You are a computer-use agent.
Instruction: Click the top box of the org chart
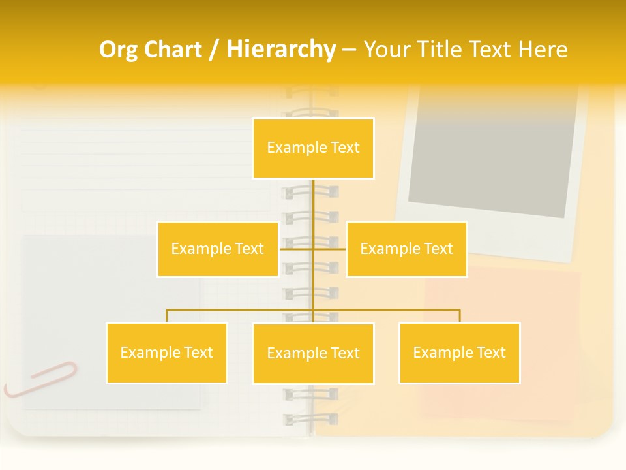pos(313,148)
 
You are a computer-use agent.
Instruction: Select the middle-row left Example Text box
pos(217,249)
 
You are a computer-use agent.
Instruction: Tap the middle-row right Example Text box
pos(406,249)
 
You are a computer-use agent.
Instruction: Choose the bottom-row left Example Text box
pos(166,352)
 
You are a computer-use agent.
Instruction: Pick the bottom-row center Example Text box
pos(313,353)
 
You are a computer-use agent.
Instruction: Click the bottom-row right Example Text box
pos(459,352)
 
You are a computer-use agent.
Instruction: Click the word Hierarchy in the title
pos(281,50)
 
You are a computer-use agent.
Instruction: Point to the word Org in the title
pos(119,50)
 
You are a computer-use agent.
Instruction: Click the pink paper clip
pos(40,379)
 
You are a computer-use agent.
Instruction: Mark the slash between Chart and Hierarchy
pos(214,50)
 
